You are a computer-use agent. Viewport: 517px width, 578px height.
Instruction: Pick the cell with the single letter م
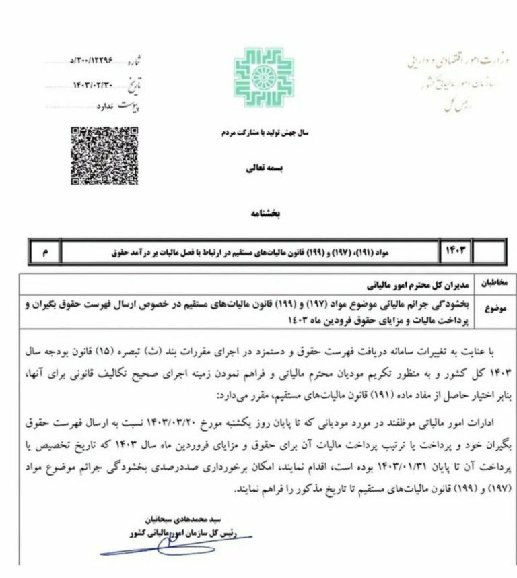[x=46, y=252]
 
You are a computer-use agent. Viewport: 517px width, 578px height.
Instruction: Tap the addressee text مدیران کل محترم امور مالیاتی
[x=417, y=280]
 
